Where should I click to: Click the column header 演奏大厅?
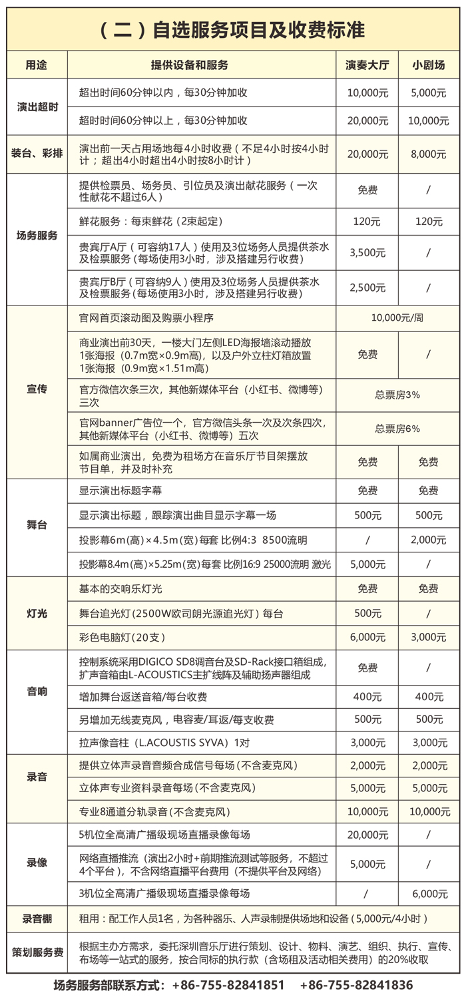click(367, 65)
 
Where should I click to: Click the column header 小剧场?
click(428, 65)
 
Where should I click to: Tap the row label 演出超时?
click(37, 106)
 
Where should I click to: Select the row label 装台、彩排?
click(37, 154)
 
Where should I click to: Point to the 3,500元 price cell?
click(367, 253)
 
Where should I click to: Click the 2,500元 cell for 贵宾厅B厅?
click(367, 288)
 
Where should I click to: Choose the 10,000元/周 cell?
click(397, 317)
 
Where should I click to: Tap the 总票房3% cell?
click(397, 394)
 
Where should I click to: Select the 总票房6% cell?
click(397, 429)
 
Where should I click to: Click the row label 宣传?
click(37, 388)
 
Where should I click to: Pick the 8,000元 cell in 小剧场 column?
click(428, 154)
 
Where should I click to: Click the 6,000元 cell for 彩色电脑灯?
click(367, 637)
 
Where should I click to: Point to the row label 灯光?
click(37, 613)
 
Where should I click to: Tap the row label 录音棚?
click(37, 919)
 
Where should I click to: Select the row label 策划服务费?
click(37, 952)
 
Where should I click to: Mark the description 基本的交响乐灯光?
click(120, 588)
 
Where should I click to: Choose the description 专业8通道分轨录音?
click(154, 811)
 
